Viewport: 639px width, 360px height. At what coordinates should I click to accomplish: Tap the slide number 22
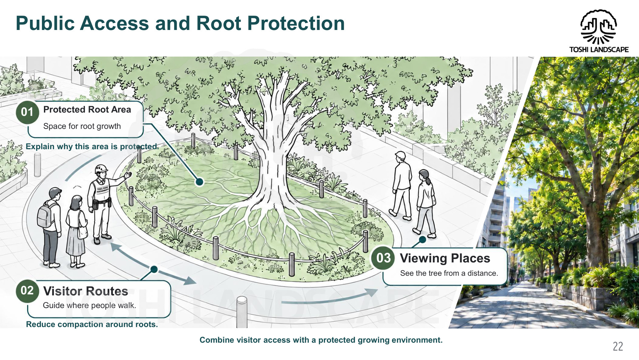click(x=618, y=346)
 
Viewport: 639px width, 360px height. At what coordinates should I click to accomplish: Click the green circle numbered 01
click(x=27, y=112)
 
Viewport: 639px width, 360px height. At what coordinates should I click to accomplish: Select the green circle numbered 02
click(x=27, y=291)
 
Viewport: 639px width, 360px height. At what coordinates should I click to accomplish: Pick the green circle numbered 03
click(x=383, y=258)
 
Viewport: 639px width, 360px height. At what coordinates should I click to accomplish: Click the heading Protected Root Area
click(x=87, y=110)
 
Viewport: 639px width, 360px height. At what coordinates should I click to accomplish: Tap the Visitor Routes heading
click(x=86, y=291)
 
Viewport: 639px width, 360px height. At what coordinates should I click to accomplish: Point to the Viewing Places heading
click(x=445, y=258)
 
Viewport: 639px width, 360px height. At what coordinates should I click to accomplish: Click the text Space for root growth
click(x=82, y=126)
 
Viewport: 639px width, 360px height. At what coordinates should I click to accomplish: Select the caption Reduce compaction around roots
click(x=92, y=324)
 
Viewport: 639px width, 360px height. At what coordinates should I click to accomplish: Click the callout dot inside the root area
click(x=200, y=182)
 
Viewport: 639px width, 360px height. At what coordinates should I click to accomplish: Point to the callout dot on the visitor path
click(x=154, y=269)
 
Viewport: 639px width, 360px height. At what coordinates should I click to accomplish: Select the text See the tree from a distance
click(x=449, y=273)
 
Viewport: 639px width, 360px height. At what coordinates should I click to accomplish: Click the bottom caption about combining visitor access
click(x=321, y=340)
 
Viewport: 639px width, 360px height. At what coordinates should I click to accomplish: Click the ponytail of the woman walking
click(x=428, y=180)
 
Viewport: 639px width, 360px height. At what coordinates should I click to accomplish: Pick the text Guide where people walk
click(x=90, y=305)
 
